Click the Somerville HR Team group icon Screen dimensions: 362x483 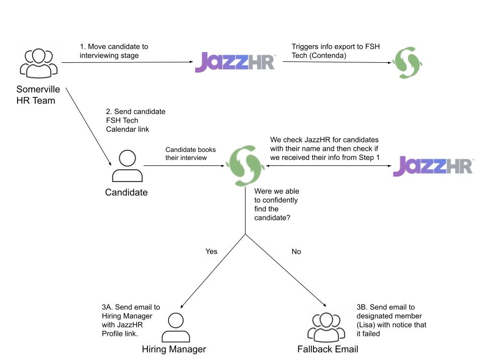pos(38,63)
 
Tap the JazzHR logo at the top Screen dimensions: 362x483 pos(235,62)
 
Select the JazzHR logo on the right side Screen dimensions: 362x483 pos(433,166)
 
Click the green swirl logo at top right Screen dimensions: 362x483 pos(407,62)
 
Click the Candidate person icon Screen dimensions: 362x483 pos(126,166)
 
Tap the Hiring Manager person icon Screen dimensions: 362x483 pos(175,327)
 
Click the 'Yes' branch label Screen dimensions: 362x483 pos(211,251)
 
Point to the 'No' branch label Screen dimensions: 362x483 pos(296,251)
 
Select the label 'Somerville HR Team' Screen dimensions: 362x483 pos(38,95)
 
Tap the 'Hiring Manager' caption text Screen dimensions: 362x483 pos(174,349)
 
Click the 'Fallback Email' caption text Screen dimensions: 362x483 pos(328,349)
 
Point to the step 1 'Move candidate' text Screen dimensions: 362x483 pos(114,51)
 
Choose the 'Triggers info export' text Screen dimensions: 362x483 pos(336,51)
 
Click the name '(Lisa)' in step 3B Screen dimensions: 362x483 pos(368,325)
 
